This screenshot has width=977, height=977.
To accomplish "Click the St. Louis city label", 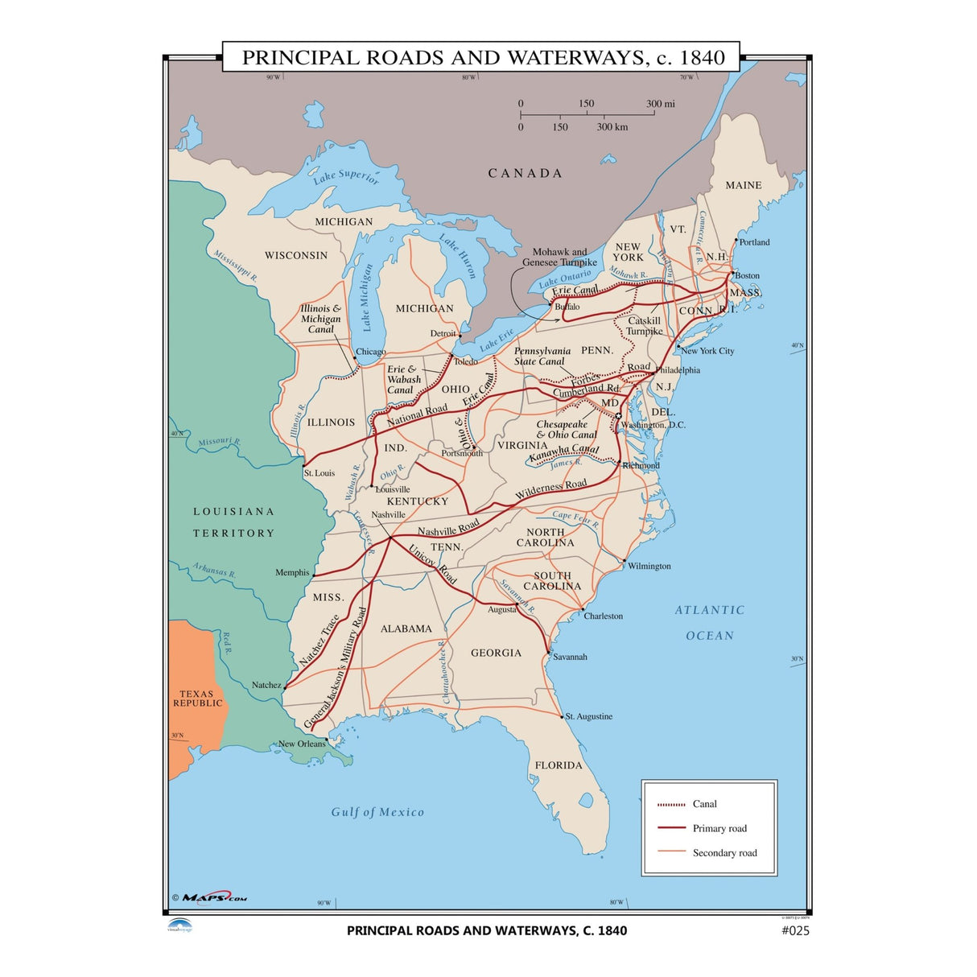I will click(319, 473).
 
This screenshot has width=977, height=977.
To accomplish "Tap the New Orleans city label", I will click(302, 744).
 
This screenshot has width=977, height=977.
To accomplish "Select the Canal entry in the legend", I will click(704, 804).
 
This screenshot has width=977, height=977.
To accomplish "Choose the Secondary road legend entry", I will click(724, 853).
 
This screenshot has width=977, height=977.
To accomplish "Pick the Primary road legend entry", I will click(719, 828).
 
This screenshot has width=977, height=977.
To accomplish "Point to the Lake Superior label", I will click(345, 175).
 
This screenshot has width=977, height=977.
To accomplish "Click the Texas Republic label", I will click(197, 699).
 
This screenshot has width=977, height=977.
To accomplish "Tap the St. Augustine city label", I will click(588, 716).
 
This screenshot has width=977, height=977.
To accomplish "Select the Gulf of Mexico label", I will click(377, 812).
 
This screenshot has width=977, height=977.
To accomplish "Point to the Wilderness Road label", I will click(551, 488).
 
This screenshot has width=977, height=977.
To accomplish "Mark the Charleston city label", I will click(603, 616).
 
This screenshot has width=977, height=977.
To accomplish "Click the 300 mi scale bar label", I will click(661, 104).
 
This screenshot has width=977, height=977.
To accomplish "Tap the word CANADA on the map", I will click(525, 173).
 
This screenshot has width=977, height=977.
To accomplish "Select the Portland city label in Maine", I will click(754, 242).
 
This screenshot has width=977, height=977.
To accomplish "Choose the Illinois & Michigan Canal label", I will click(320, 319).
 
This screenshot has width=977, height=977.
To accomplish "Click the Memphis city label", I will click(292, 573).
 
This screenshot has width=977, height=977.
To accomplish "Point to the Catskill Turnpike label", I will click(644, 326).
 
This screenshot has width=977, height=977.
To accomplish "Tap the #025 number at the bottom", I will click(795, 931).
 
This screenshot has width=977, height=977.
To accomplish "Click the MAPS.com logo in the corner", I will click(210, 897).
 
